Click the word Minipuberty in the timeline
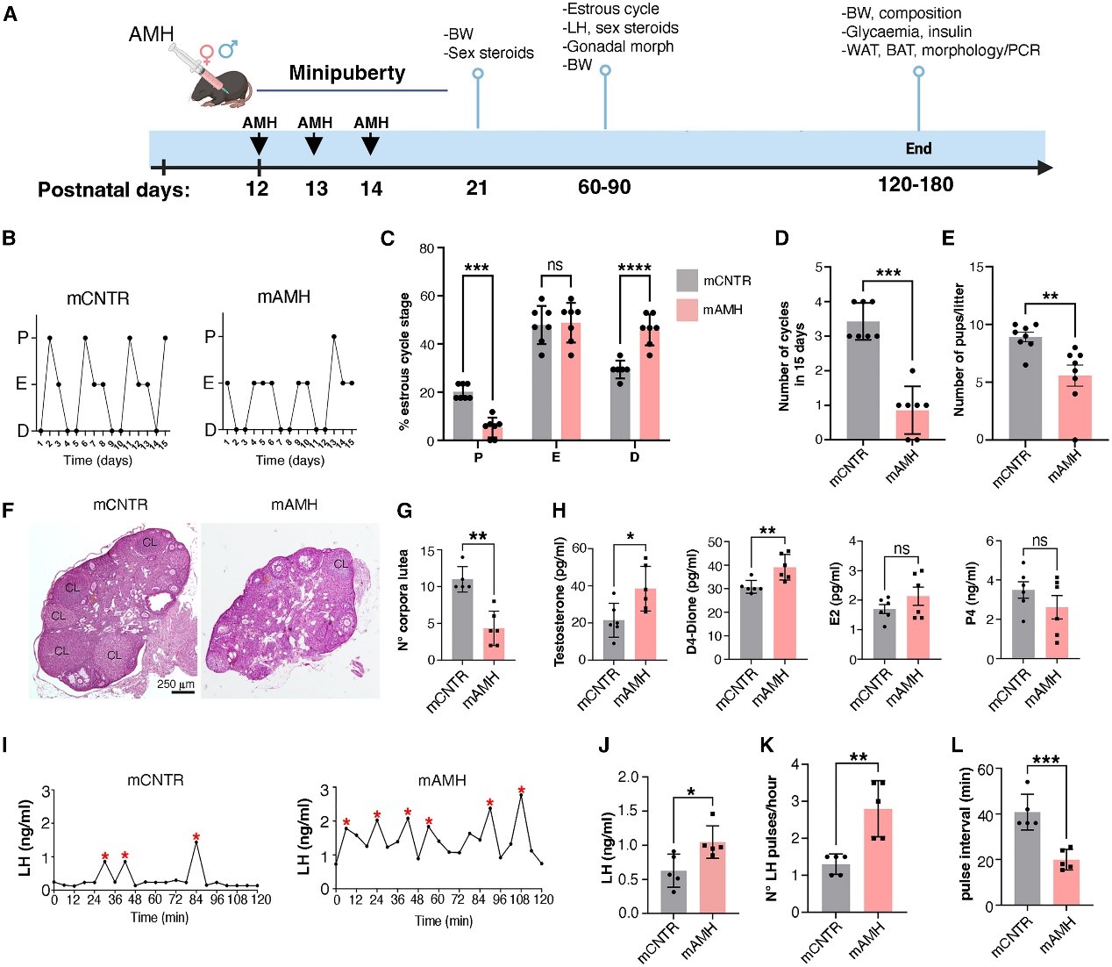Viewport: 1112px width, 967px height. pos(347,73)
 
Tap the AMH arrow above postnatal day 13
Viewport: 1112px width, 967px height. pos(315,140)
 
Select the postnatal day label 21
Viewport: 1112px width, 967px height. pos(477,187)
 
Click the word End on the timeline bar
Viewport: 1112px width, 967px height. pos(918,148)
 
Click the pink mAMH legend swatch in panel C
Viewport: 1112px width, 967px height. pos(687,310)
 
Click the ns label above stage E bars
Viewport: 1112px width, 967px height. pos(554,265)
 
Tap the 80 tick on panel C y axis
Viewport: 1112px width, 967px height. pos(426,248)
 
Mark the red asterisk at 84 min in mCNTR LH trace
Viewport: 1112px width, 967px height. pos(196,836)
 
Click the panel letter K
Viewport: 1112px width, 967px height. pos(768,746)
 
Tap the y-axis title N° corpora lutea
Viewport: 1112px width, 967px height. pos(403,600)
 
